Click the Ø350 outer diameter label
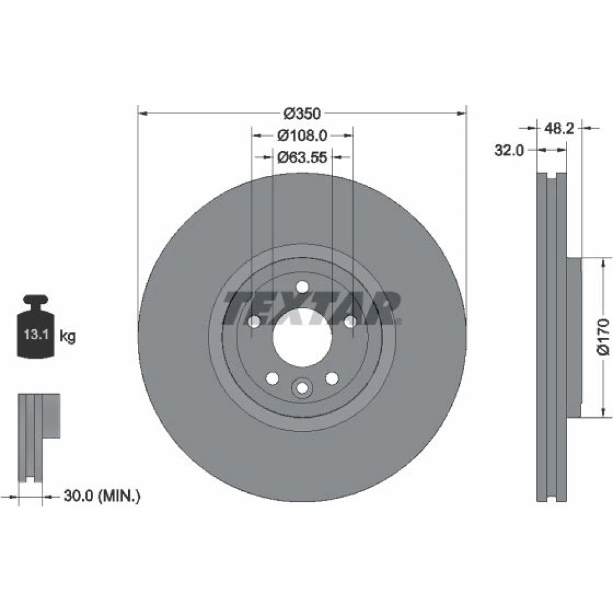point(302,113)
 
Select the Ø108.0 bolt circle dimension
point(302,135)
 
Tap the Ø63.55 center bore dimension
point(302,157)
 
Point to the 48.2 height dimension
point(559,128)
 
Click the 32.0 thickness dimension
point(509,150)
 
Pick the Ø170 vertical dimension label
point(603,337)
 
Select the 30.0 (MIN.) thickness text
point(102,496)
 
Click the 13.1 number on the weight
point(36,335)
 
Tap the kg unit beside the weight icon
point(67,336)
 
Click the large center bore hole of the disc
point(302,337)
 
